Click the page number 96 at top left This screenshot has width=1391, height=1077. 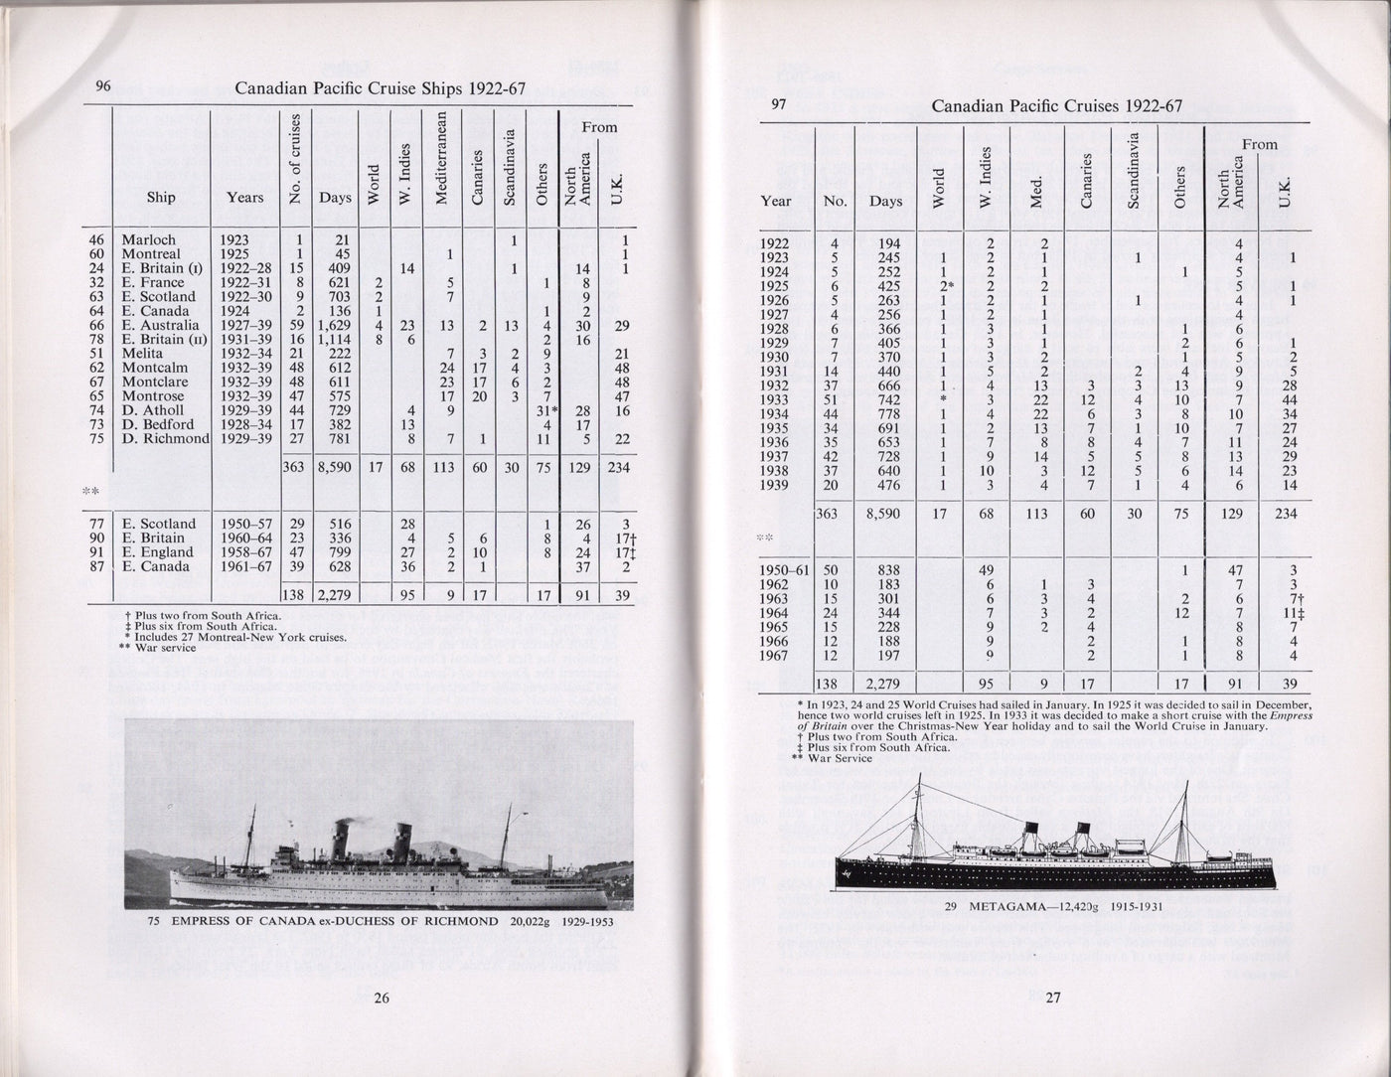103,85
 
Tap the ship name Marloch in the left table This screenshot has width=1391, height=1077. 148,239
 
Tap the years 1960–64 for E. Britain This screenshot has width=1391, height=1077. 243,538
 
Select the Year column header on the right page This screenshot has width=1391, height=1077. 776,201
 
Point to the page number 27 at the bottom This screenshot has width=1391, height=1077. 1053,999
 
